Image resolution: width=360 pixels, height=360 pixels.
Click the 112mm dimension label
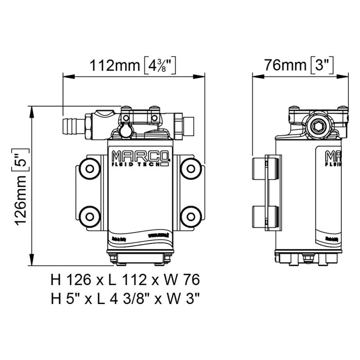pyautogui.click(x=114, y=66)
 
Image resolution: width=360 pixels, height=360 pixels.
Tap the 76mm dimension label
pyautogui.click(x=285, y=65)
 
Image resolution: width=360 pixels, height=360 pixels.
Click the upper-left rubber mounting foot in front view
pyautogui.click(x=90, y=169)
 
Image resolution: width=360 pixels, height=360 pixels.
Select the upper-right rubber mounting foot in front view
pyautogui.click(x=191, y=169)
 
